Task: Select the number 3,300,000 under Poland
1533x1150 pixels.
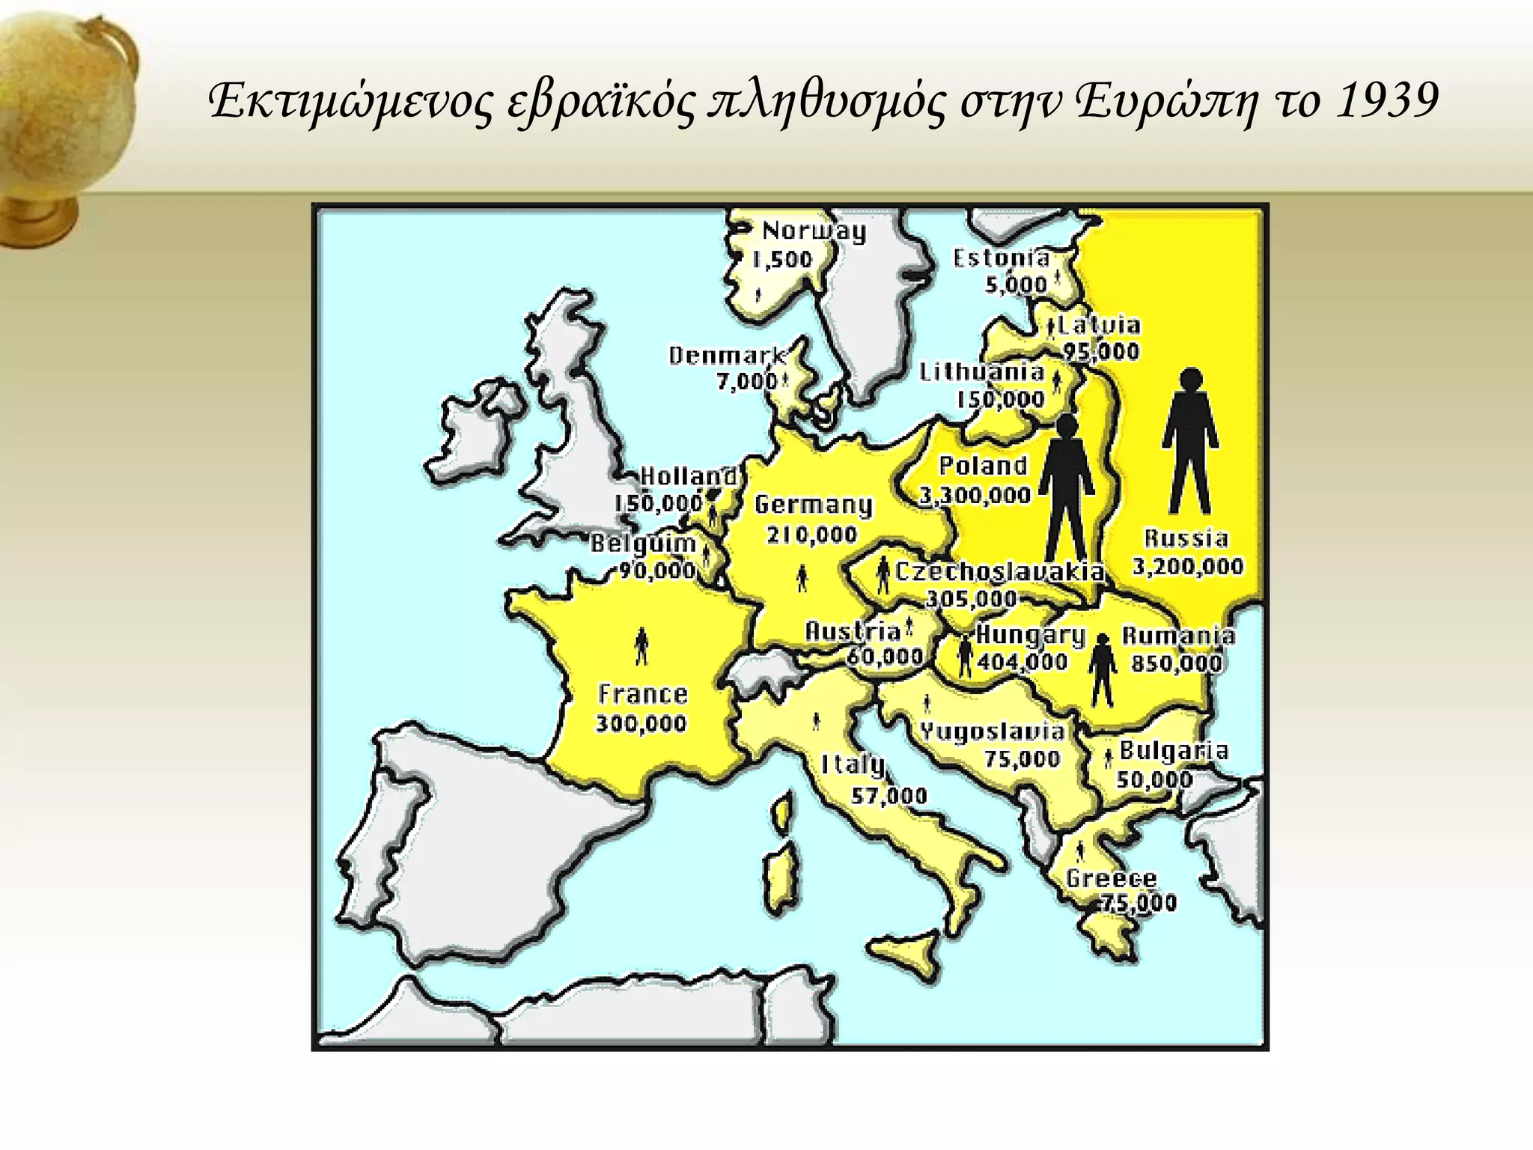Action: click(x=975, y=495)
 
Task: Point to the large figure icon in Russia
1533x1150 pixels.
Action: click(x=1189, y=442)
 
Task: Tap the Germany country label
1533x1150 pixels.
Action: click(x=813, y=505)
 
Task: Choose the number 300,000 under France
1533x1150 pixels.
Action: click(x=641, y=723)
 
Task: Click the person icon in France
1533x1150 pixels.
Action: click(x=641, y=645)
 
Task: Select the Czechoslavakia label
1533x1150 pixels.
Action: click(x=999, y=573)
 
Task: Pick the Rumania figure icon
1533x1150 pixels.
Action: click(x=1102, y=671)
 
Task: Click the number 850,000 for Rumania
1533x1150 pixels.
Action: click(x=1176, y=663)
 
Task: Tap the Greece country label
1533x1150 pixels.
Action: click(x=1111, y=877)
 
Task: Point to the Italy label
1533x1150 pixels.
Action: click(x=853, y=764)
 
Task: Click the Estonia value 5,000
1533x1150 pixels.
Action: click(x=1015, y=285)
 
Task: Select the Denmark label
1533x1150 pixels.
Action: click(x=727, y=355)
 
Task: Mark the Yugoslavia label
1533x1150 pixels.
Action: click(x=992, y=731)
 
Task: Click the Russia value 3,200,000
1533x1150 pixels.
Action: click(x=1187, y=566)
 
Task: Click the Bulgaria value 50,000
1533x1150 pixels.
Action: click(x=1154, y=779)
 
